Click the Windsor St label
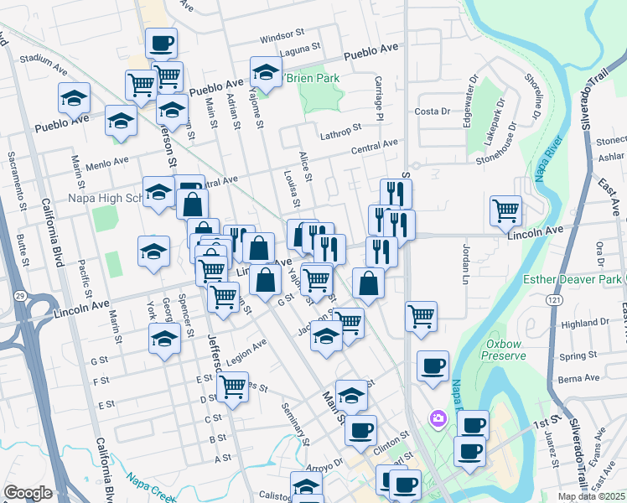282,36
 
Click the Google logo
28,493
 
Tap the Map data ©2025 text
591,496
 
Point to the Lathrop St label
339,128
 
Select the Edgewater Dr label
468,105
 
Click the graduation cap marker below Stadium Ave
74,99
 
